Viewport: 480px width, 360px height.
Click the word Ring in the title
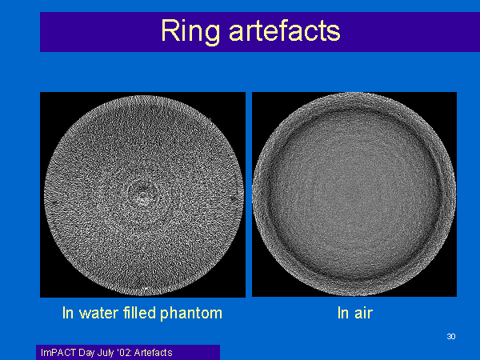(190, 31)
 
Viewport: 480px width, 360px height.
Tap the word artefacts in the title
(285, 31)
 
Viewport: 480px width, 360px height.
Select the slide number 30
(451, 337)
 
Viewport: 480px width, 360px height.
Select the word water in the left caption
(98, 314)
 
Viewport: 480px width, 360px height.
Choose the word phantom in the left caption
(191, 314)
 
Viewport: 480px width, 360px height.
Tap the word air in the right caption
(363, 313)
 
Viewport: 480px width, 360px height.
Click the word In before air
(343, 313)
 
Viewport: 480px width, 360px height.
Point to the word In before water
(68, 313)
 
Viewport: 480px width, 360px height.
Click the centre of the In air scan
(354, 194)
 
